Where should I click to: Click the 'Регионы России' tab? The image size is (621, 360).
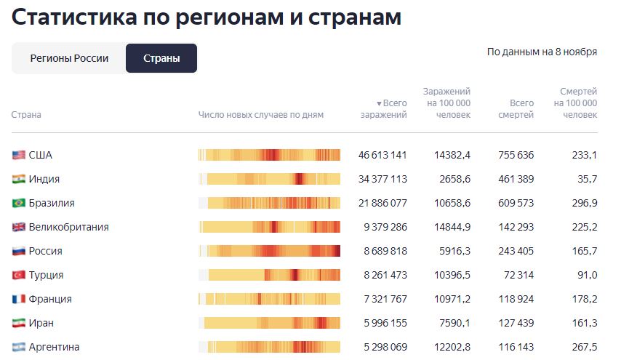[x=69, y=58]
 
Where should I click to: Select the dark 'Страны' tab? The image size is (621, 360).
[x=161, y=58]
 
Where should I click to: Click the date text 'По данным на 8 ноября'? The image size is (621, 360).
[x=542, y=52]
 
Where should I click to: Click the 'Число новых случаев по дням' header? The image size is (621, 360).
[x=260, y=114]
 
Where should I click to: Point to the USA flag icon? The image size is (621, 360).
[x=19, y=155]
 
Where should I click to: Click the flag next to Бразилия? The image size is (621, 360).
[x=19, y=203]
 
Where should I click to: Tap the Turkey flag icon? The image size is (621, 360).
[x=19, y=275]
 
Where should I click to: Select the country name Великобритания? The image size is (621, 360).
[x=68, y=227]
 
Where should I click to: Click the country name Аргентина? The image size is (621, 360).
[x=54, y=347]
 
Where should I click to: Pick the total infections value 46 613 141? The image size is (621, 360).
[x=382, y=155]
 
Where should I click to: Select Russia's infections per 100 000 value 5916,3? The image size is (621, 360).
[x=452, y=251]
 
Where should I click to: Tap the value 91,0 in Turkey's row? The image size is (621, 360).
[x=586, y=275]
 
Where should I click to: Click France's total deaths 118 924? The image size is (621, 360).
[x=515, y=299]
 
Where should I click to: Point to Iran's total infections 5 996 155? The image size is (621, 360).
[x=383, y=323]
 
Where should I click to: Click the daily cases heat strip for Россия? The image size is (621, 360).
[x=269, y=251]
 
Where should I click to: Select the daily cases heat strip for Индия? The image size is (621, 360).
[x=269, y=179]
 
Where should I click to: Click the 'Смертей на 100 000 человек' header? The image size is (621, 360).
[x=578, y=103]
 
